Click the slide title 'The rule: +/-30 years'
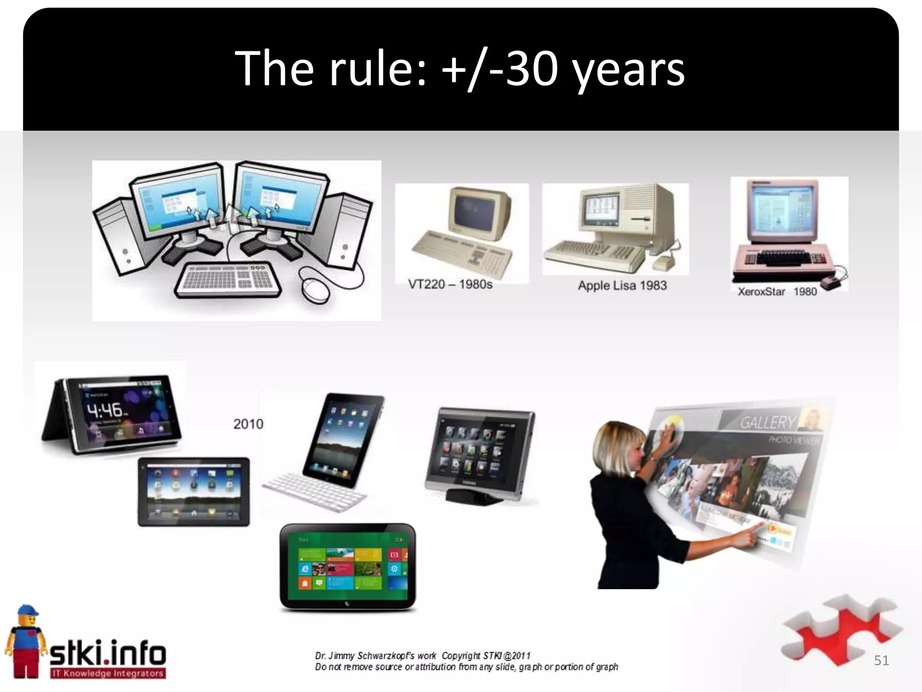pos(460,68)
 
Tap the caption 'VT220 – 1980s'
pos(450,284)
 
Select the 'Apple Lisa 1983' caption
pos(622,285)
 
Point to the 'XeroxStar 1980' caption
pos(777,291)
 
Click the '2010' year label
pos(248,424)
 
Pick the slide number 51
pos(881,660)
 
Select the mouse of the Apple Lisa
pos(662,262)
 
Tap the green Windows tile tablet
pos(348,567)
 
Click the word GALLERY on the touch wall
pos(767,423)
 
